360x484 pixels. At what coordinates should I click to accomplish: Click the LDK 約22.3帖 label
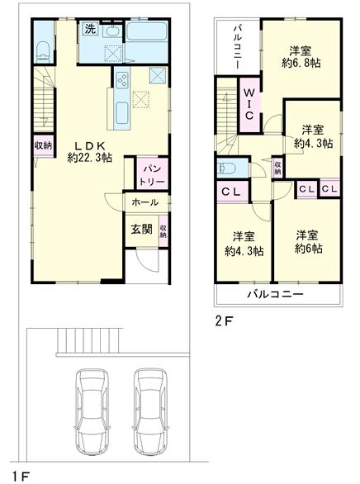(89, 149)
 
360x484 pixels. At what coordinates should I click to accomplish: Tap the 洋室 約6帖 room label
(306, 242)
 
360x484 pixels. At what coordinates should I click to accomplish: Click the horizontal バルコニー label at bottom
(276, 295)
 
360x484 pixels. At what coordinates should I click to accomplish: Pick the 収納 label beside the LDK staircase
(42, 145)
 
